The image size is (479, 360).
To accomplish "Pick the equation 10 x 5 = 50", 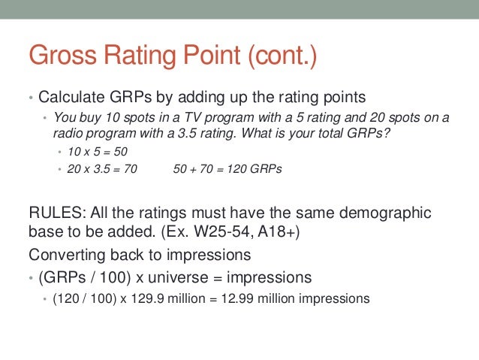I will point(98,151).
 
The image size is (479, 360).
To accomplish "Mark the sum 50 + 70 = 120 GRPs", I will point(227,169).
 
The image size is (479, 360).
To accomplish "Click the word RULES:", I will point(54,213).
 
